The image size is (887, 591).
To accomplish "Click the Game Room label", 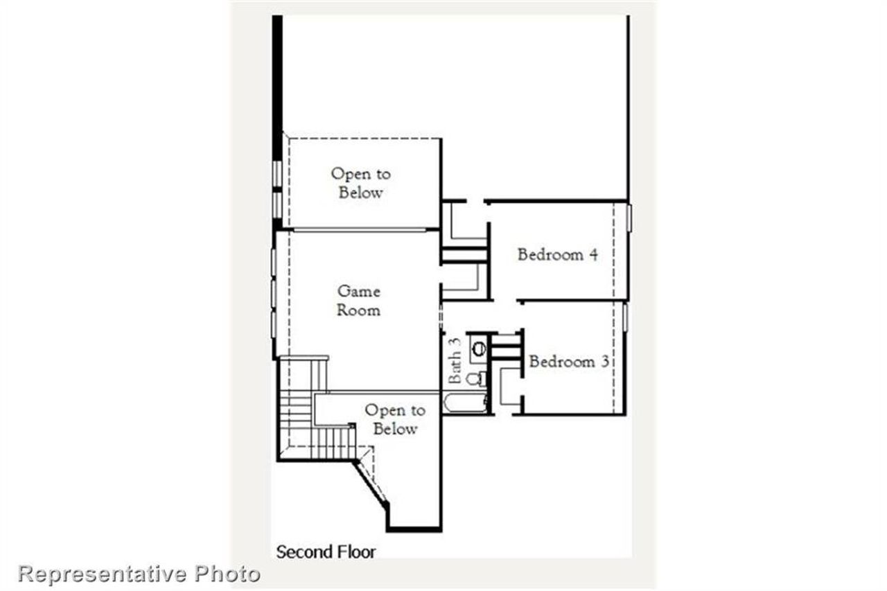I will [x=358, y=301].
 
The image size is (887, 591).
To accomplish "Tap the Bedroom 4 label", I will [x=557, y=254].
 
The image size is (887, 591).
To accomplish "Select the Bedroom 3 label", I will [x=569, y=361].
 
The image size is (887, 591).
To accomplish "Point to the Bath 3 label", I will [x=455, y=360].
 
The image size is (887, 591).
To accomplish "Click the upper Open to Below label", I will [x=360, y=183].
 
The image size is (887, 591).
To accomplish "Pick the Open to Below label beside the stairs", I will [x=395, y=420].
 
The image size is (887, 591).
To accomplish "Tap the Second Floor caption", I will [x=326, y=552].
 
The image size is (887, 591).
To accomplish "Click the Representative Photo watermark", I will [x=139, y=574].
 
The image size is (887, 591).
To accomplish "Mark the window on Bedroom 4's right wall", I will [x=629, y=217].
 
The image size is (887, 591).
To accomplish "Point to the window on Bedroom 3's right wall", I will [x=625, y=317].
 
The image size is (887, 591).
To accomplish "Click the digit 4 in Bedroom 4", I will [x=593, y=254].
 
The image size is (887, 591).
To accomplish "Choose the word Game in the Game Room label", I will [x=358, y=291].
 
